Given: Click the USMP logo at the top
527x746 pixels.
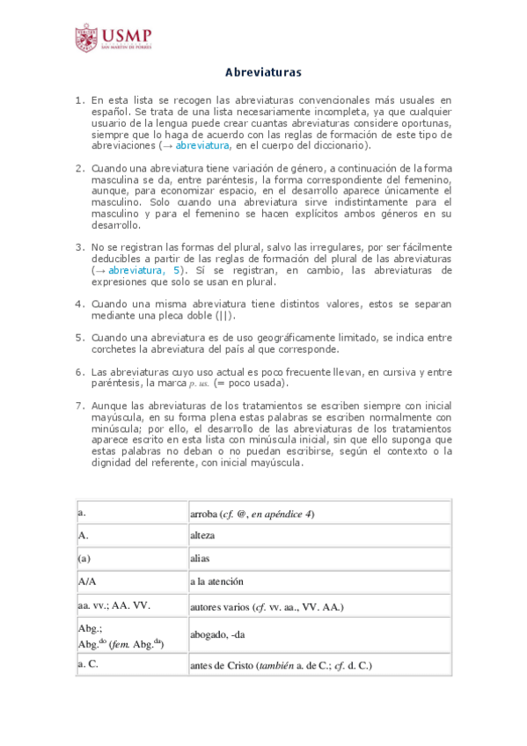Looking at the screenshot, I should tap(113, 38).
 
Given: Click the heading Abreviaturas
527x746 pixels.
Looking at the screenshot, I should tap(263, 71).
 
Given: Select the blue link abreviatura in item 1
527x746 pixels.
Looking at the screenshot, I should tap(202, 147).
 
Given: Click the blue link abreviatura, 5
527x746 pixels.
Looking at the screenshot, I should tap(145, 271).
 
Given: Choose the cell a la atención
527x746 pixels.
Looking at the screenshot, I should tap(216, 582).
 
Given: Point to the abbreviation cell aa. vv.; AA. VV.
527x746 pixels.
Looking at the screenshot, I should tap(114, 606).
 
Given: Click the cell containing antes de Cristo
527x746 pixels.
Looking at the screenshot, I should tap(281, 666).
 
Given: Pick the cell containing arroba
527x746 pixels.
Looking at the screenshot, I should tap(253, 514).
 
